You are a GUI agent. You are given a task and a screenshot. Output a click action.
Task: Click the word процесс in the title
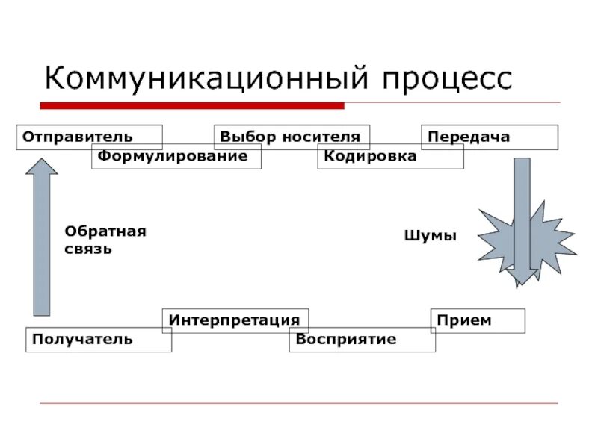[449, 78]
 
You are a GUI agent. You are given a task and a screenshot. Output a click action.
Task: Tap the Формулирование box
[176, 157]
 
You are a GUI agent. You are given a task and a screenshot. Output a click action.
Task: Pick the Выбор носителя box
[291, 137]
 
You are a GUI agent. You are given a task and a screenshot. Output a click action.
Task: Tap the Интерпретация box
[234, 320]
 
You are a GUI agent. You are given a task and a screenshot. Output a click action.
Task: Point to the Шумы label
[430, 235]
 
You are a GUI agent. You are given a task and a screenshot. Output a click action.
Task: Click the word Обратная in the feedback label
[105, 231]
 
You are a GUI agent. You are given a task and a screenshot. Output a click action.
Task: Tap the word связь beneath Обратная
[88, 249]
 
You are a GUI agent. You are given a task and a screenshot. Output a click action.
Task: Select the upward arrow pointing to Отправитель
[42, 239]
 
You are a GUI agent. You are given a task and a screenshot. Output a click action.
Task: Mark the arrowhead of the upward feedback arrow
[42, 166]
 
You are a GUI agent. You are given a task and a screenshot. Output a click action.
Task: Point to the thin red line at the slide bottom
[299, 403]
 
